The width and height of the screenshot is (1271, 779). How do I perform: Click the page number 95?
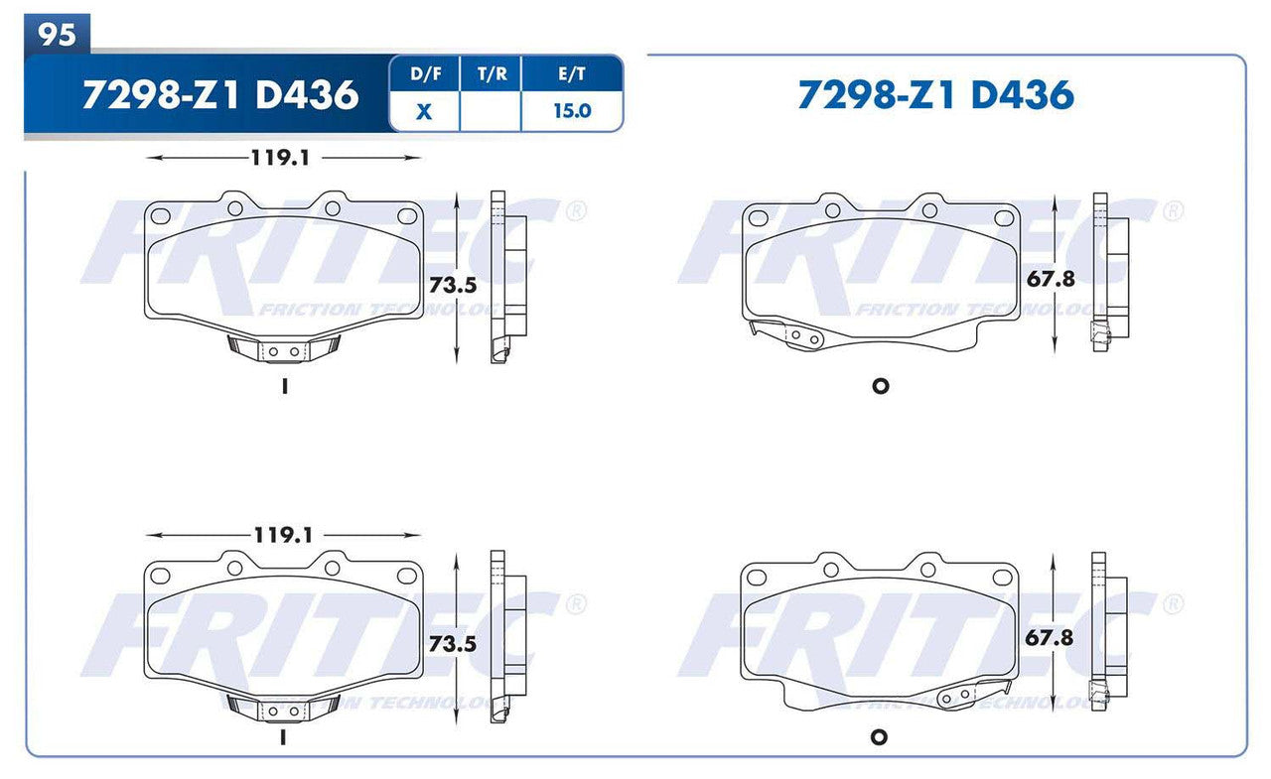pyautogui.click(x=58, y=34)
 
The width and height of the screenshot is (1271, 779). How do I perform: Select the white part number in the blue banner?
pyautogui.click(x=219, y=95)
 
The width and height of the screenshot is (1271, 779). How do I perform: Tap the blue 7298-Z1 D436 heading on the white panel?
pyautogui.click(x=935, y=95)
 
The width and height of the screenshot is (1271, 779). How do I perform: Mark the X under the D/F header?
pyautogui.click(x=424, y=111)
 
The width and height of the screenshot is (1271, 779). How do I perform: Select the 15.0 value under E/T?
pyautogui.click(x=571, y=111)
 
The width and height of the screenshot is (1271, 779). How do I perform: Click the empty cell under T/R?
pyautogui.click(x=490, y=111)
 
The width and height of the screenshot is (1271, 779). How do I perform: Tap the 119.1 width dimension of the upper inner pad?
pyautogui.click(x=282, y=157)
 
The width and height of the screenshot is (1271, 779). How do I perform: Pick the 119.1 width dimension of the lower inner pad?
pyautogui.click(x=282, y=535)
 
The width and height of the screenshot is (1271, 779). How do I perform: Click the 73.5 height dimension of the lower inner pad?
pyautogui.click(x=453, y=644)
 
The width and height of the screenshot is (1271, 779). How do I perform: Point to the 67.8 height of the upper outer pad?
pyautogui.click(x=1051, y=279)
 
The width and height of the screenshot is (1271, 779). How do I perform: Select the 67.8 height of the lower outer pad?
pyautogui.click(x=1051, y=638)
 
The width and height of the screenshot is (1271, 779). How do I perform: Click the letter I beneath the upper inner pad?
pyautogui.click(x=284, y=388)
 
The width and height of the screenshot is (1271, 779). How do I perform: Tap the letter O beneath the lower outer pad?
pyautogui.click(x=878, y=737)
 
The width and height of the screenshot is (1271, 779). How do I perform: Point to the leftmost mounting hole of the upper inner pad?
pyautogui.click(x=161, y=215)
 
